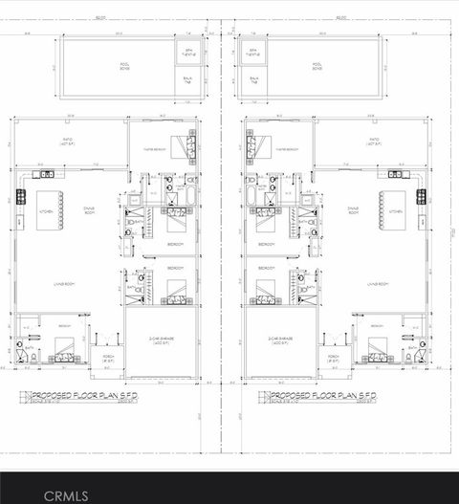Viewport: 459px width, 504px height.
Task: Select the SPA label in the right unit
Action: pyautogui.click(x=253, y=53)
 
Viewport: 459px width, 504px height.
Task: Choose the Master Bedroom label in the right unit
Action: pyautogui.click(x=291, y=150)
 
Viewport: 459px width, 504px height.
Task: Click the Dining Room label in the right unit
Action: pyautogui.click(x=353, y=209)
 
